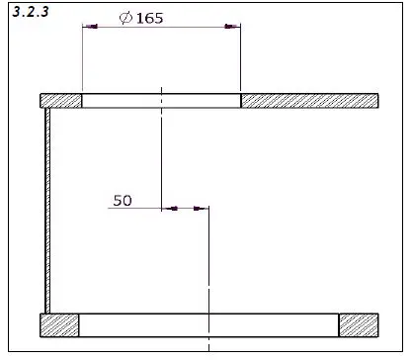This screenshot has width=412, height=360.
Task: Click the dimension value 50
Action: click(x=123, y=200)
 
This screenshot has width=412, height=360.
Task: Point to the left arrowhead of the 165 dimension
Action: click(x=90, y=27)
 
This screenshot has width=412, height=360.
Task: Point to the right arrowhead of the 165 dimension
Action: click(x=232, y=27)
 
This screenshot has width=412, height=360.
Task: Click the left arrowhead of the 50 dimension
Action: click(x=168, y=209)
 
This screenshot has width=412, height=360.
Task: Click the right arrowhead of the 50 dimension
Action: click(x=201, y=209)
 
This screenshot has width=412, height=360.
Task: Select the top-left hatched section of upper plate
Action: click(x=60, y=100)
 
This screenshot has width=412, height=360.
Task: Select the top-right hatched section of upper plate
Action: click(x=309, y=100)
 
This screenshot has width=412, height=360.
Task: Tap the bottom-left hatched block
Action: click(x=59, y=324)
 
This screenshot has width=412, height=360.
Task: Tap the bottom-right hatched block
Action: click(x=359, y=324)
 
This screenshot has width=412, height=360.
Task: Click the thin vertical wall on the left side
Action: click(x=47, y=208)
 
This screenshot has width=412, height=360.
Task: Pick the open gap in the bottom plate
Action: click(x=208, y=324)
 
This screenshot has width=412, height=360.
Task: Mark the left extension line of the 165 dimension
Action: click(x=82, y=59)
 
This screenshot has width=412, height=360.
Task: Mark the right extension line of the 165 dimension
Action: click(x=240, y=59)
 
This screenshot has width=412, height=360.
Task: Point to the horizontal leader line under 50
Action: click(x=133, y=209)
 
